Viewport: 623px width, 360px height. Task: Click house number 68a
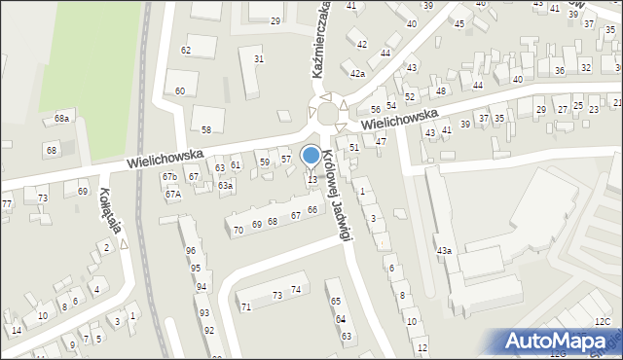tap(62, 118)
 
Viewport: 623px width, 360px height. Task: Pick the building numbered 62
tap(186, 50)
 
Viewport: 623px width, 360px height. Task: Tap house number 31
tap(259, 59)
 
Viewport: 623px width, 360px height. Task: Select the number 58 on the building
tap(206, 129)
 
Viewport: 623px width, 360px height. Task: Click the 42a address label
tap(357, 74)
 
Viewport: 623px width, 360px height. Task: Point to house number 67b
tap(169, 176)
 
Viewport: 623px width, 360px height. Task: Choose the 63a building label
tap(225, 185)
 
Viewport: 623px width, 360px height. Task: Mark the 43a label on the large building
tap(444, 251)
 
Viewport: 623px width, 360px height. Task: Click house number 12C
tap(603, 322)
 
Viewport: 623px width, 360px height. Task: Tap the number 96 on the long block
tap(191, 250)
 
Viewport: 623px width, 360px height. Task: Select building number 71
tap(246, 306)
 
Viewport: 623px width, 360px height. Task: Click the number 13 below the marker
tap(312, 180)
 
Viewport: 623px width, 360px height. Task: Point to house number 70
tap(238, 231)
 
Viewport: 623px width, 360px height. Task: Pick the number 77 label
tap(7, 203)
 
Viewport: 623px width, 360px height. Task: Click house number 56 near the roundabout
tap(376, 110)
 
